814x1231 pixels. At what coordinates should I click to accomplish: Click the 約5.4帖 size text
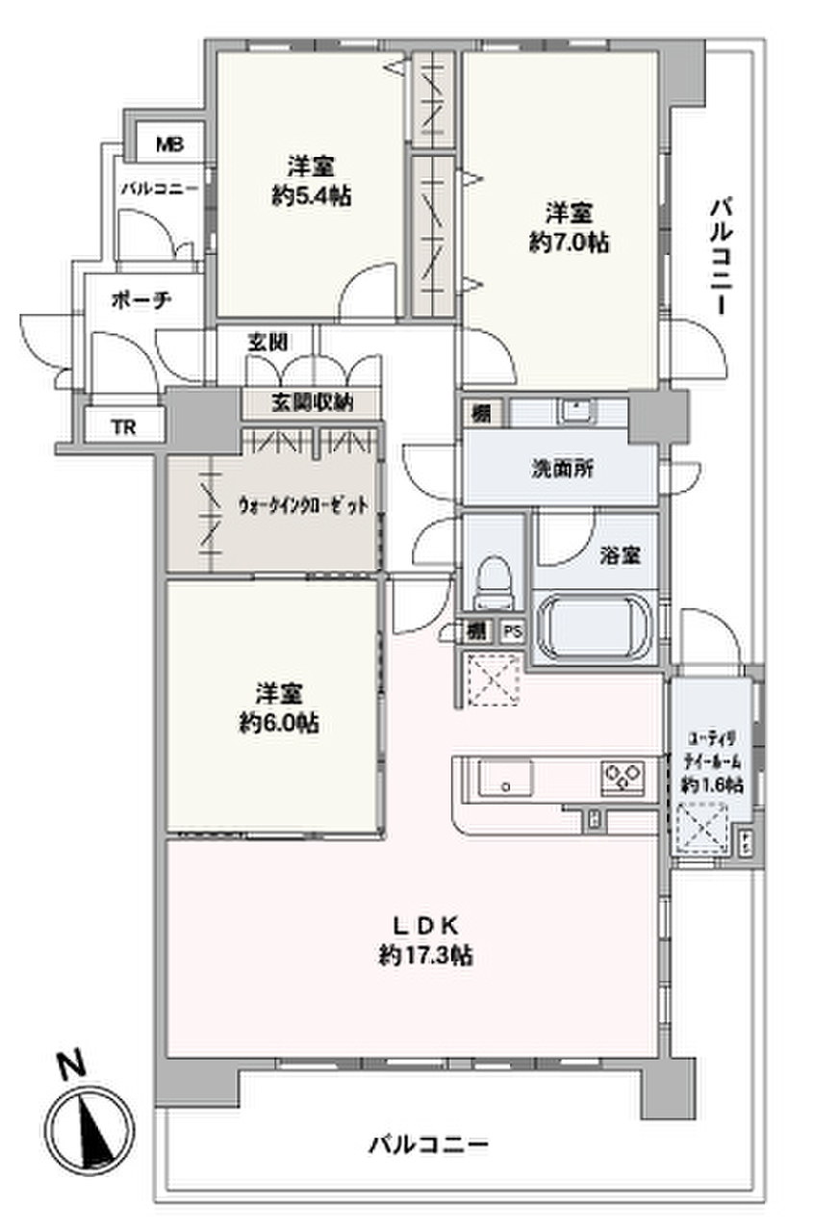click(311, 197)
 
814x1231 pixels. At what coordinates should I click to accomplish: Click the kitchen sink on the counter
click(504, 777)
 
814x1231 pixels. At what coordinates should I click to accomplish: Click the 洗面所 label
click(563, 471)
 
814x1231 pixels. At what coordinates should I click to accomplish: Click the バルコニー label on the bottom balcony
click(428, 1145)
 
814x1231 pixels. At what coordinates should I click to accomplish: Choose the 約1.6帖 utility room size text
click(712, 784)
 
